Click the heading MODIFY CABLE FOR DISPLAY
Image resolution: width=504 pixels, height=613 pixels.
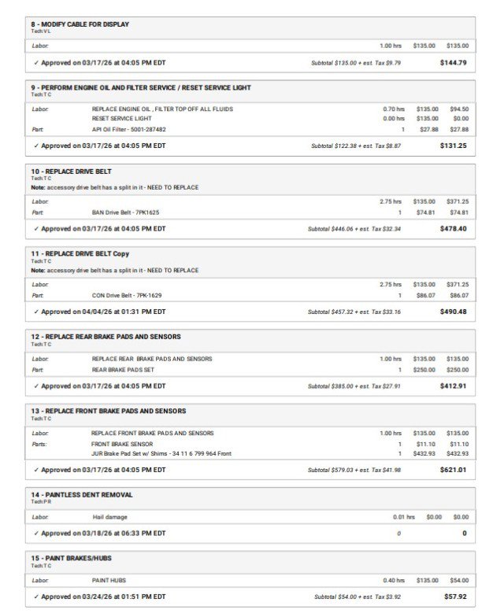tap(80, 24)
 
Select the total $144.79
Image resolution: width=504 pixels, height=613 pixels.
tap(453, 62)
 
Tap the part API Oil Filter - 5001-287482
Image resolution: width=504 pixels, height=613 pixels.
tap(129, 129)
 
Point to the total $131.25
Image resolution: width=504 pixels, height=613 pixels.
tap(453, 146)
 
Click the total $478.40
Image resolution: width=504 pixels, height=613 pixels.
tap(453, 229)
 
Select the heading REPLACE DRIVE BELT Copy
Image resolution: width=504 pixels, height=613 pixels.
tap(80, 253)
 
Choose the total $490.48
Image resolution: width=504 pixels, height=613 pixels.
tap(453, 312)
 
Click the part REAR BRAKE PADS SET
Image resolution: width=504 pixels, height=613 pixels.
tap(123, 369)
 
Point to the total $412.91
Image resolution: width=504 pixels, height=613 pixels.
tap(453, 386)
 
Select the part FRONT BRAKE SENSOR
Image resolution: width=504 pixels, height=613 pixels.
tap(122, 444)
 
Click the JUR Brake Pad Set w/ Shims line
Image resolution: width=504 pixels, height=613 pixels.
tap(161, 453)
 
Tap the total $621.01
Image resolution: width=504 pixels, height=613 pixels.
tap(453, 470)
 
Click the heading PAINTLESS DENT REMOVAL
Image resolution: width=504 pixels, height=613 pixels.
tap(82, 495)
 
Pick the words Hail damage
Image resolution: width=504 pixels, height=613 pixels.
tap(109, 517)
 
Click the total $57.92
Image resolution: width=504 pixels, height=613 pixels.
tap(454, 596)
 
